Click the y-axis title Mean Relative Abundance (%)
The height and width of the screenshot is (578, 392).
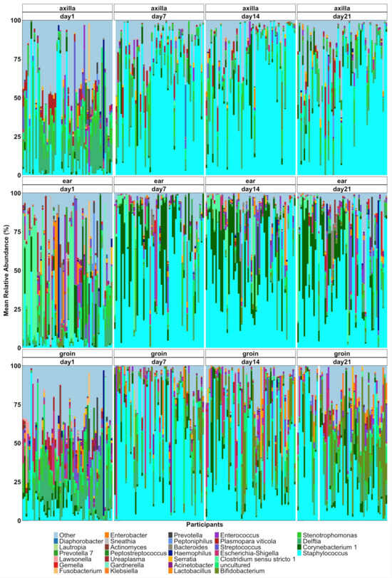click(x=6, y=271)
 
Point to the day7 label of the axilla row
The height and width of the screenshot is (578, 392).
click(x=158, y=15)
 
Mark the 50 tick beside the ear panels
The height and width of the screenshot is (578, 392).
click(x=16, y=271)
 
